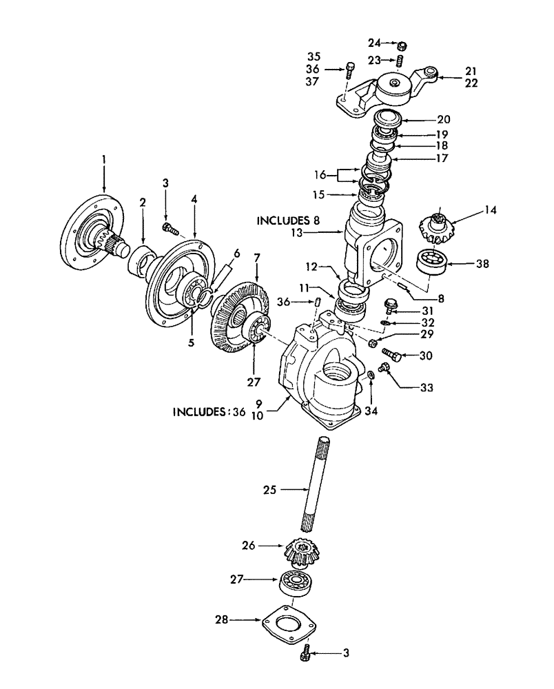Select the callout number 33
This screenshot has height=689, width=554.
[427, 389]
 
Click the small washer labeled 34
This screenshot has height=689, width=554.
[370, 373]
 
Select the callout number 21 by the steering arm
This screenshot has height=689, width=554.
[471, 71]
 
